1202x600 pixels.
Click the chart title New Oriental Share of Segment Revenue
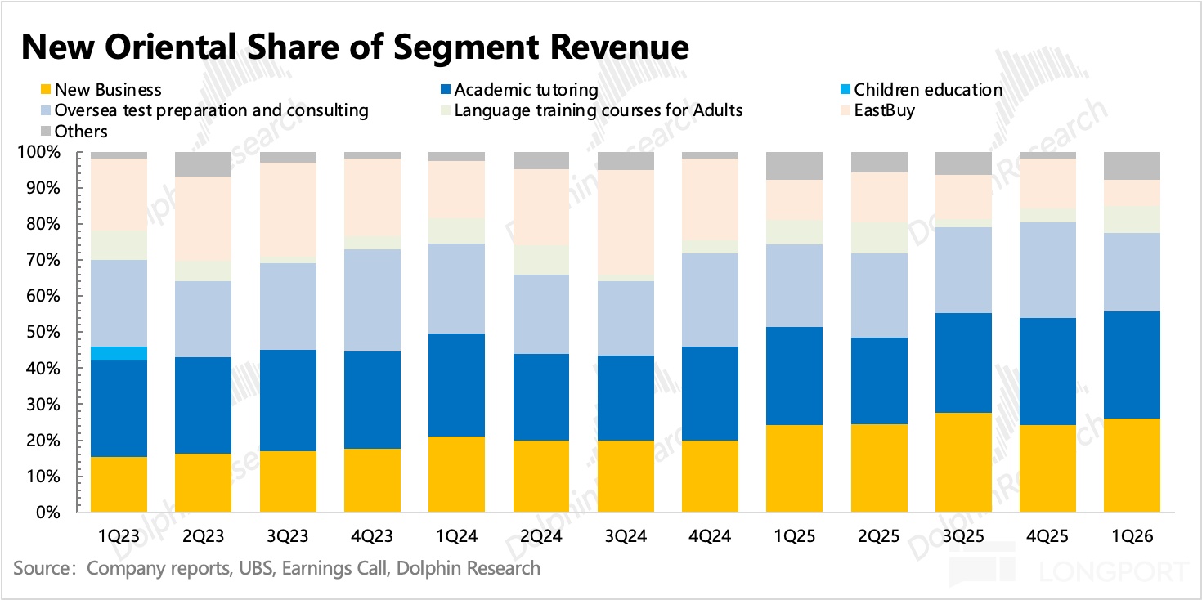[x=355, y=47]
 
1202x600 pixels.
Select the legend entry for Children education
[x=932, y=90]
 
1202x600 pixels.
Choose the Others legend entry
[x=81, y=131]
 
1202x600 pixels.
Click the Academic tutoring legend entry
[x=526, y=90]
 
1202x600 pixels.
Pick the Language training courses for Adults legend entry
[x=598, y=110]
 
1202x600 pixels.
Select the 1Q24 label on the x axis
[x=456, y=536]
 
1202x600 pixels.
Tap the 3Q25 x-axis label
[x=963, y=536]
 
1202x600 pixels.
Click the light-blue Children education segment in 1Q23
[x=119, y=353]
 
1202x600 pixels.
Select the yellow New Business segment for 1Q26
[x=1132, y=465]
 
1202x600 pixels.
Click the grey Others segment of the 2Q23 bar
[x=204, y=164]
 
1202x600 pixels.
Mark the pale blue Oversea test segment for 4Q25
[x=1047, y=270]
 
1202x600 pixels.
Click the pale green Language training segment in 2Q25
[x=879, y=237]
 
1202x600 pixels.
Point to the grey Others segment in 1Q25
[x=794, y=166]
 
